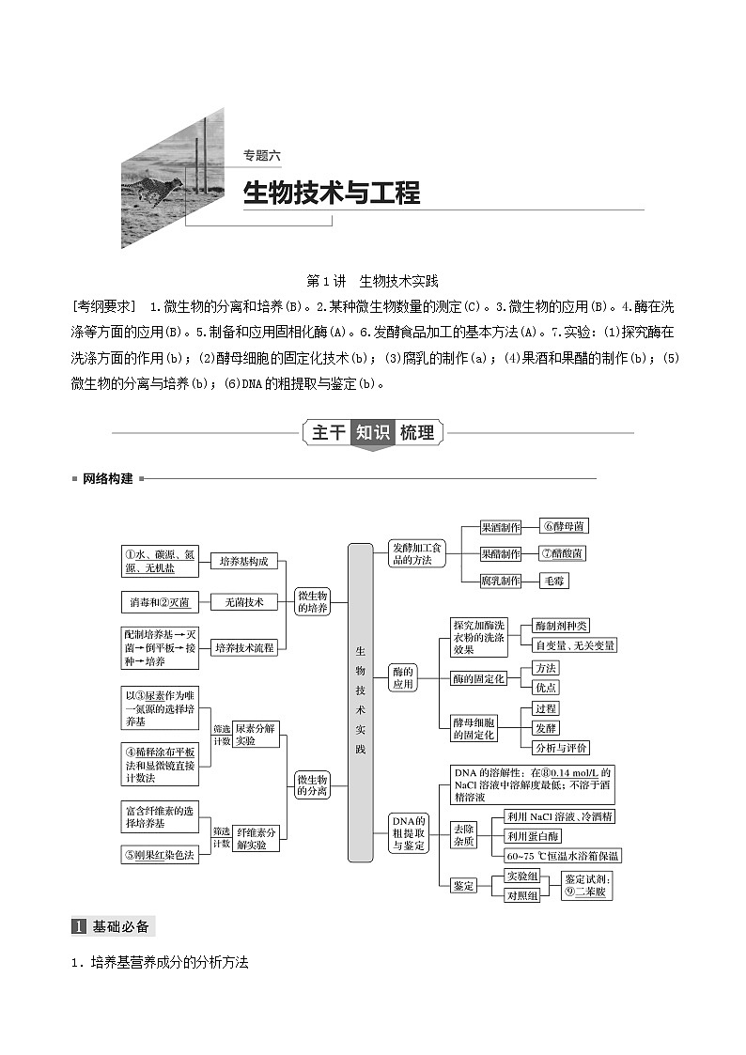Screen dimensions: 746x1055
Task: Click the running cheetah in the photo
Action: (150, 189)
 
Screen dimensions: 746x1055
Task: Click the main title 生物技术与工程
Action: (331, 194)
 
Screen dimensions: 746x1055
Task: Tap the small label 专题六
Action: (262, 157)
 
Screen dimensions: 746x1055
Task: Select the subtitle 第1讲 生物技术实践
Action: (373, 281)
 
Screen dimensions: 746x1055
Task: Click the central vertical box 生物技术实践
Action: (360, 702)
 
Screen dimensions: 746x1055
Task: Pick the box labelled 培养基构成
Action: (243, 561)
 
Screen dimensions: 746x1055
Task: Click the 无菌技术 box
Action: (243, 601)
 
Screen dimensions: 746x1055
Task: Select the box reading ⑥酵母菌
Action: (565, 527)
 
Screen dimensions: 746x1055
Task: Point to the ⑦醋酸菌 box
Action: (563, 553)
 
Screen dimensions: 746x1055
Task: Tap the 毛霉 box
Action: (553, 581)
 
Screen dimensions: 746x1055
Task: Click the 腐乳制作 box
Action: (500, 581)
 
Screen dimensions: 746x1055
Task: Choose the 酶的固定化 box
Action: (478, 678)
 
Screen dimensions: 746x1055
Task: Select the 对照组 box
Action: (521, 895)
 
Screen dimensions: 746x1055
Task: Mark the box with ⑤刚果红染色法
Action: (160, 854)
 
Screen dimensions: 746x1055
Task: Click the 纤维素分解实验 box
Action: (256, 838)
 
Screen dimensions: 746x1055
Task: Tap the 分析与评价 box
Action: (560, 748)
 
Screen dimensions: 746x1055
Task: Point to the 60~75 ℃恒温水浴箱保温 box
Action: (562, 856)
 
